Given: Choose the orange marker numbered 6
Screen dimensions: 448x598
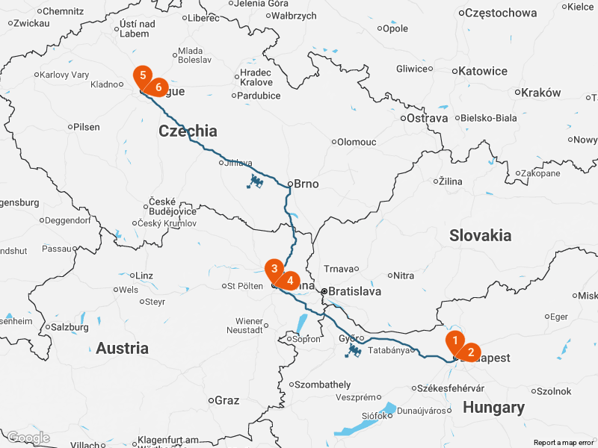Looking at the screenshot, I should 158,87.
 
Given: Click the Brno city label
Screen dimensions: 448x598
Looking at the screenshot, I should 306,184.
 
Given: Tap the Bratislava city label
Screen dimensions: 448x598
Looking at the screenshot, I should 355,292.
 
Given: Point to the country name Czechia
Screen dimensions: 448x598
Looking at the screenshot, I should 188,131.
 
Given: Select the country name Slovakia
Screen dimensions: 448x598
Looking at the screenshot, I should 481,235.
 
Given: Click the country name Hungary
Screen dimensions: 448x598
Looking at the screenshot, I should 493,408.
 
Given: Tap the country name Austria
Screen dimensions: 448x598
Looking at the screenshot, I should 122,348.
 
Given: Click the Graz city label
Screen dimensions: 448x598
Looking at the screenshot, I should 226,400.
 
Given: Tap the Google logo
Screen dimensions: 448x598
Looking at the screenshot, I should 28,438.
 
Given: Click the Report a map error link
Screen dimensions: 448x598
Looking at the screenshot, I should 564,443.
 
